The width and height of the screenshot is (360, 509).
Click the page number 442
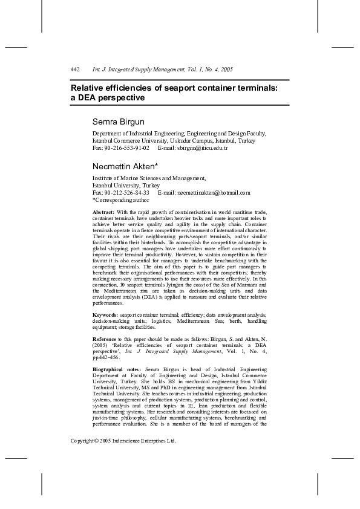76,70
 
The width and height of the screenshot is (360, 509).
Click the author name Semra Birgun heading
119,122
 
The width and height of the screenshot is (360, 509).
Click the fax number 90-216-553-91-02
127,148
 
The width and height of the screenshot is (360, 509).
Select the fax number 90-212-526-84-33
127,192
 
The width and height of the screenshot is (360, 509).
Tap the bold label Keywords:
105,315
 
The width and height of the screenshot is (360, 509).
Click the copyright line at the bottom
123,441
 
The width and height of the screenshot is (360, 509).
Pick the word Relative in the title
87,88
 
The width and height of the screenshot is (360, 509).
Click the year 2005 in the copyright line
107,441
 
